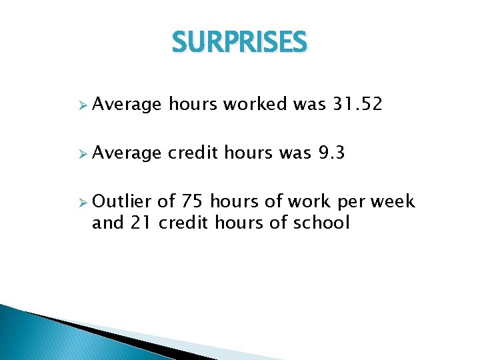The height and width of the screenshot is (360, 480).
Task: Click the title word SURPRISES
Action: click(x=239, y=43)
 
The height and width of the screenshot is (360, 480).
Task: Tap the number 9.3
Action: click(x=331, y=153)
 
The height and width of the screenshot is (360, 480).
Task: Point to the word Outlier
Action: click(x=123, y=201)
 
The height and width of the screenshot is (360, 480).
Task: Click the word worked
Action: click(x=255, y=104)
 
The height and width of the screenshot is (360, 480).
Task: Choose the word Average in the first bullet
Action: click(x=127, y=105)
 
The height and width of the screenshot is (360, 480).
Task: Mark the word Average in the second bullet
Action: click(x=127, y=154)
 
